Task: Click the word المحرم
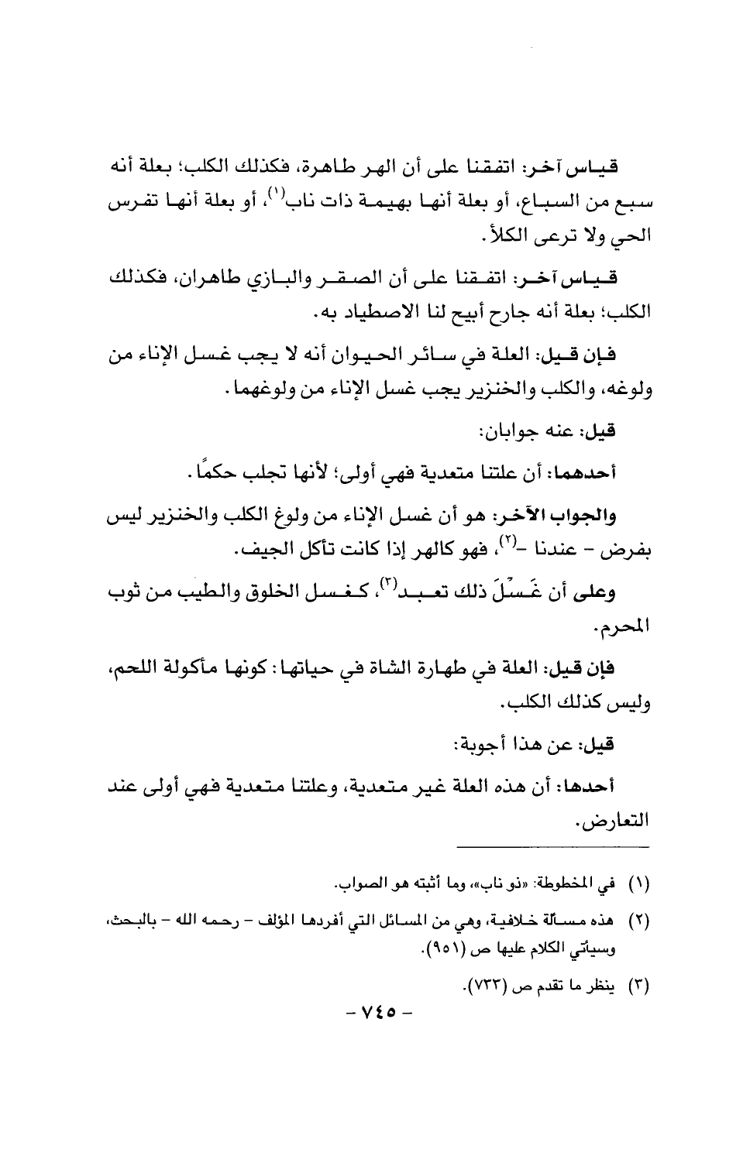click(x=628, y=633)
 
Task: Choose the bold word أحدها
click(x=621, y=787)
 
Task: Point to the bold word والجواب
click(x=619, y=515)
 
